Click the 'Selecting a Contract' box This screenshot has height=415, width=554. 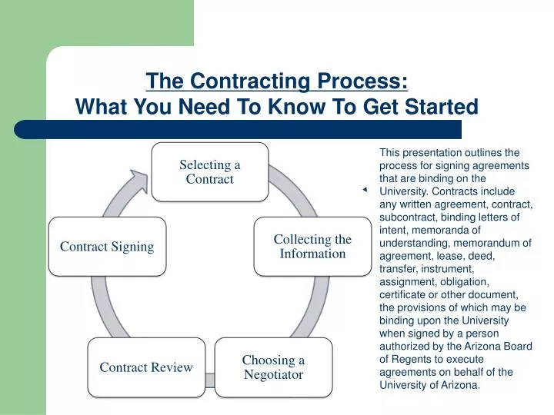[x=209, y=171]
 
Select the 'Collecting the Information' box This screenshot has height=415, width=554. [x=312, y=246]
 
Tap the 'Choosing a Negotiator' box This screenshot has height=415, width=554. [x=273, y=367]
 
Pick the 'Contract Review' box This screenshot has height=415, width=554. [x=146, y=367]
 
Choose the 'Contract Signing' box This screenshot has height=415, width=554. [x=107, y=246]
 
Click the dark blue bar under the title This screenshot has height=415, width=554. [x=239, y=129]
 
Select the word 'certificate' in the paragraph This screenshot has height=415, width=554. [x=403, y=294]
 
